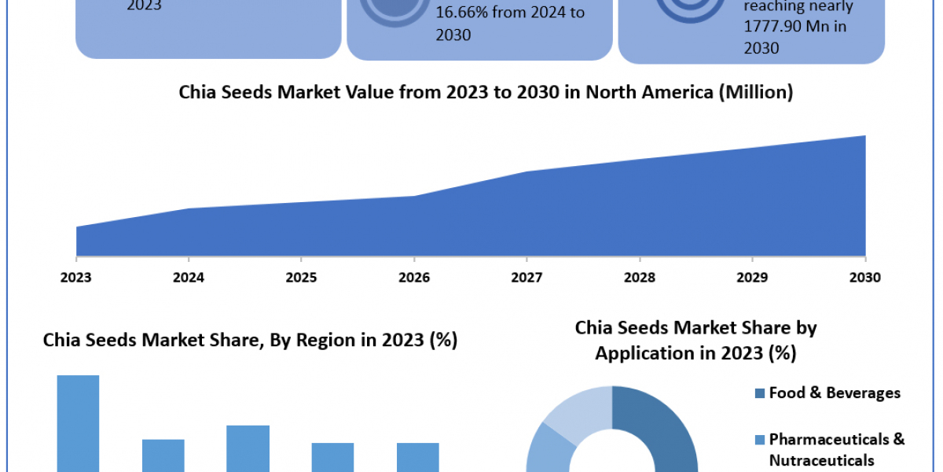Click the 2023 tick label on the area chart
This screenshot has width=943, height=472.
pos(76,277)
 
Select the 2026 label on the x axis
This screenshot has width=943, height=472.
pos(414,277)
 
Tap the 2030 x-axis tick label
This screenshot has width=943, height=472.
pos(864,277)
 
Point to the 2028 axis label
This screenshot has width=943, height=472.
pos(640,277)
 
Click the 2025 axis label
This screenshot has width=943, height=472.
pos(301,277)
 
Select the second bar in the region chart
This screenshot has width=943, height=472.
pos(163,455)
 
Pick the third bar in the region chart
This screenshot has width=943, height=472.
pos(248,448)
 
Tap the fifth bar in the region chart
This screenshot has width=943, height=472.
pos(417,457)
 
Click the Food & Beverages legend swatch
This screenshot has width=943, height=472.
pos(760,393)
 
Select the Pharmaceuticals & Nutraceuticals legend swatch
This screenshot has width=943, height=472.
pos(760,439)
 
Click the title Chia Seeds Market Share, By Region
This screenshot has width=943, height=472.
pos(250,341)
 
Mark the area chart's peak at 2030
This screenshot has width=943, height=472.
pos(864,136)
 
